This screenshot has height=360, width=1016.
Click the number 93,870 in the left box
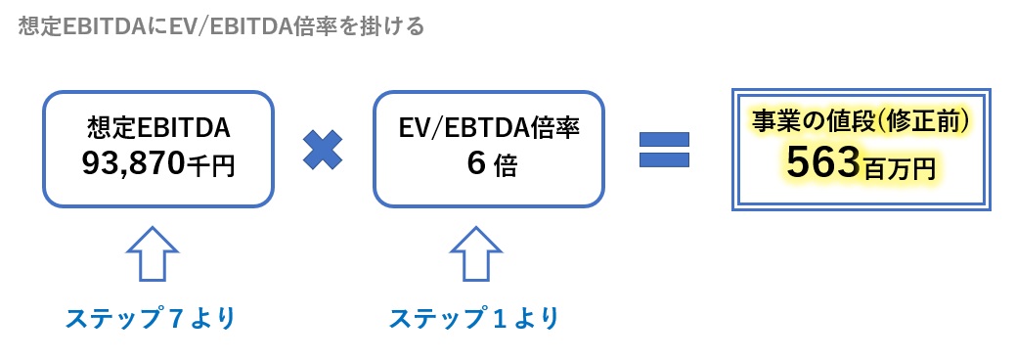coord(133,165)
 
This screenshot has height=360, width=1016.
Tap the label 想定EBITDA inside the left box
coord(157,129)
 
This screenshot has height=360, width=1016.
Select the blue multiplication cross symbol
coord(322,149)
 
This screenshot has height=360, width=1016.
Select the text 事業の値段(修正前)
coord(861,121)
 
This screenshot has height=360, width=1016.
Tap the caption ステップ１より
coord(474,319)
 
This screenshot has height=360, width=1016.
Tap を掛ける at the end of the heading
coord(386,26)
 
